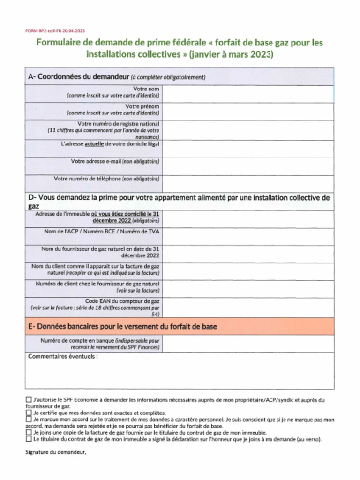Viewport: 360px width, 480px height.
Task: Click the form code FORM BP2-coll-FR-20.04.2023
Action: click(55, 30)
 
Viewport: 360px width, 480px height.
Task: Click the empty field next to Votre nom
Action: click(248, 94)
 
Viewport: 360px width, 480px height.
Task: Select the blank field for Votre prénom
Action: click(248, 111)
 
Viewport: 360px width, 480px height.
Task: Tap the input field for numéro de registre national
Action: click(248, 130)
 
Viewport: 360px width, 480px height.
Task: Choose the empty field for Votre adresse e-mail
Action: click(248, 166)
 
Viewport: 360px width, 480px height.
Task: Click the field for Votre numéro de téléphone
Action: click(248, 183)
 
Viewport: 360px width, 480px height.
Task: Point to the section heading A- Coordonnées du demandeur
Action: click(77, 77)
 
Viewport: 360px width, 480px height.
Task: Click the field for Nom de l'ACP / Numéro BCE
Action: click(248, 236)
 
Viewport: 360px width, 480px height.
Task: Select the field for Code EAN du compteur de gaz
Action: click(248, 307)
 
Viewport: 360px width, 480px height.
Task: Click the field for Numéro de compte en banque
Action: click(248, 344)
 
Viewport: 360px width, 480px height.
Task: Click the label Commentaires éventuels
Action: click(63, 356)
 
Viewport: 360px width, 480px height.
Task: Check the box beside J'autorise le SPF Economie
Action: click(29, 400)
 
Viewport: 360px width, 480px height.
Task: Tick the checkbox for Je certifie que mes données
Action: click(29, 413)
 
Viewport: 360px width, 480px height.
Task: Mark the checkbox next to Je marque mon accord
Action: click(29, 420)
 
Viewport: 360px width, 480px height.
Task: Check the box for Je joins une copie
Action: click(29, 433)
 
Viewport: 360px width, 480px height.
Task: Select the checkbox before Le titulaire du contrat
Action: click(29, 440)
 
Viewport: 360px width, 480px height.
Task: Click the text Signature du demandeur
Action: click(56, 453)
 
